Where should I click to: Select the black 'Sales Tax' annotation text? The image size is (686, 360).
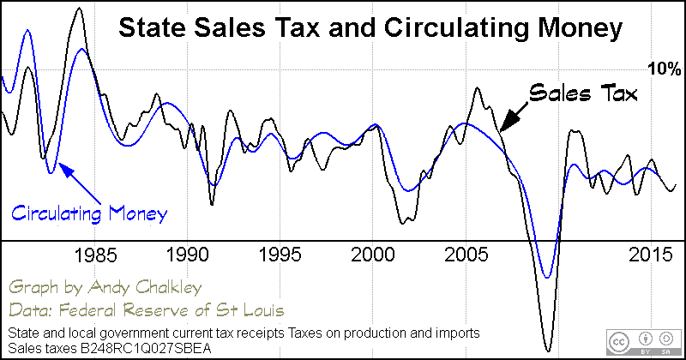click(x=584, y=93)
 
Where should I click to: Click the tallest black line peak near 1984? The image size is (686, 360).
click(x=80, y=9)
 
